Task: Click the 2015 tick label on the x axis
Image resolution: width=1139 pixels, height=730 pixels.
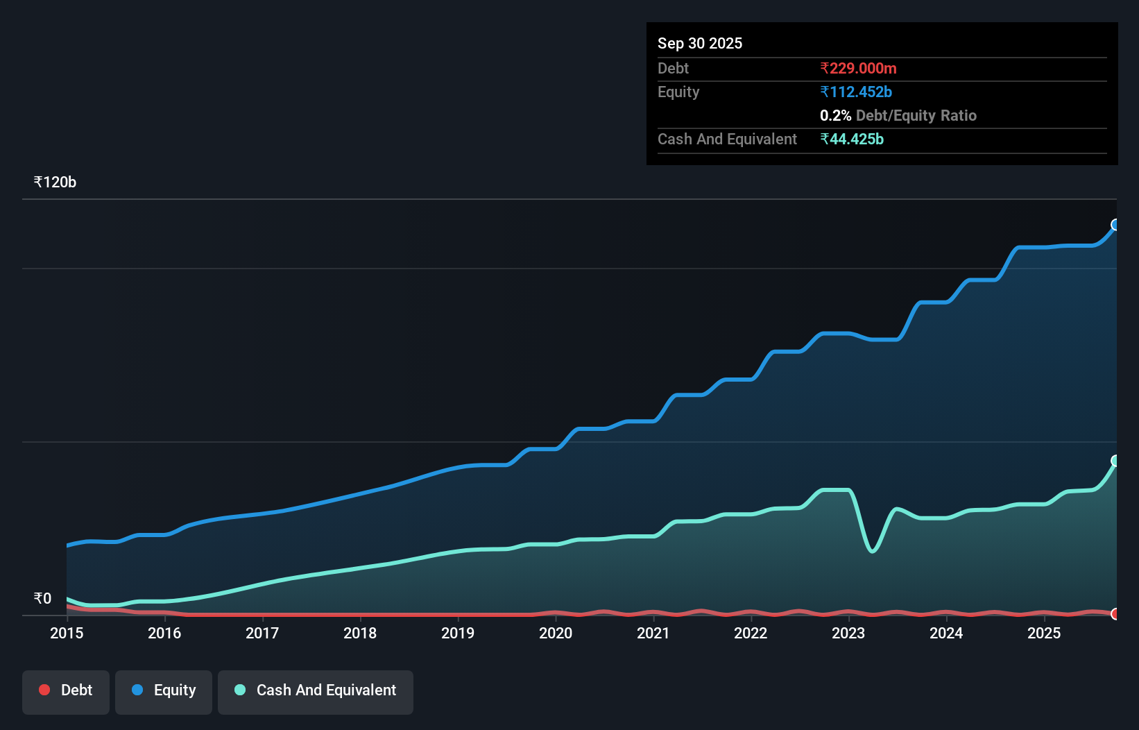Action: (x=67, y=633)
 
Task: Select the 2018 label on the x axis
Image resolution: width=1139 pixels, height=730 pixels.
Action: (x=360, y=633)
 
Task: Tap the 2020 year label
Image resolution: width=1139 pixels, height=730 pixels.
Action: (x=556, y=633)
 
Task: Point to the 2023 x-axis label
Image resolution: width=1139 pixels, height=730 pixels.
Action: (x=848, y=633)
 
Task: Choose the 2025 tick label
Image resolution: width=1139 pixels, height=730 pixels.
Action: (x=1044, y=633)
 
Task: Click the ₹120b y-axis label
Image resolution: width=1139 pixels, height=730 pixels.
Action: (x=55, y=182)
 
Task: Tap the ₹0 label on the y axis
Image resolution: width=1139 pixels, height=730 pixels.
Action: (x=42, y=598)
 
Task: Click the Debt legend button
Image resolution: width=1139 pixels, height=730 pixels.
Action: (x=66, y=690)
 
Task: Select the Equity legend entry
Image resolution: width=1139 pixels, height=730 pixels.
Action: (x=164, y=690)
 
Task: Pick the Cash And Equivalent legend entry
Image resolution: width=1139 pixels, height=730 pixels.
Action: (x=316, y=690)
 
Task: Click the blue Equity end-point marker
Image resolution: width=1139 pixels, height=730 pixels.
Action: (x=1115, y=225)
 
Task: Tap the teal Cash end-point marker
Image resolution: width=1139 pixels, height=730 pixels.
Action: (x=1115, y=461)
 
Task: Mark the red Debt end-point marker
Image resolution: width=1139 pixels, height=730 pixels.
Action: (x=1115, y=613)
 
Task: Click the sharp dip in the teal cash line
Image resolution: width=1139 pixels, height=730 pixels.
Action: (x=873, y=551)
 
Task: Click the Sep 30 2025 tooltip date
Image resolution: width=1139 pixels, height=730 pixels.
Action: (x=699, y=44)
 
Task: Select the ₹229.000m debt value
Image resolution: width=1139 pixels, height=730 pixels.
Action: (x=858, y=69)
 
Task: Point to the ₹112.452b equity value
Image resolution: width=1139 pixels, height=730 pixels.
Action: (x=855, y=92)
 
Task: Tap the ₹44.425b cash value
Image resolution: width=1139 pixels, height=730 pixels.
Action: (x=851, y=139)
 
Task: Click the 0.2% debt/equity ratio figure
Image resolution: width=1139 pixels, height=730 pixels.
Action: (x=835, y=116)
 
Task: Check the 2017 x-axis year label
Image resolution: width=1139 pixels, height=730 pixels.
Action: (x=262, y=633)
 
